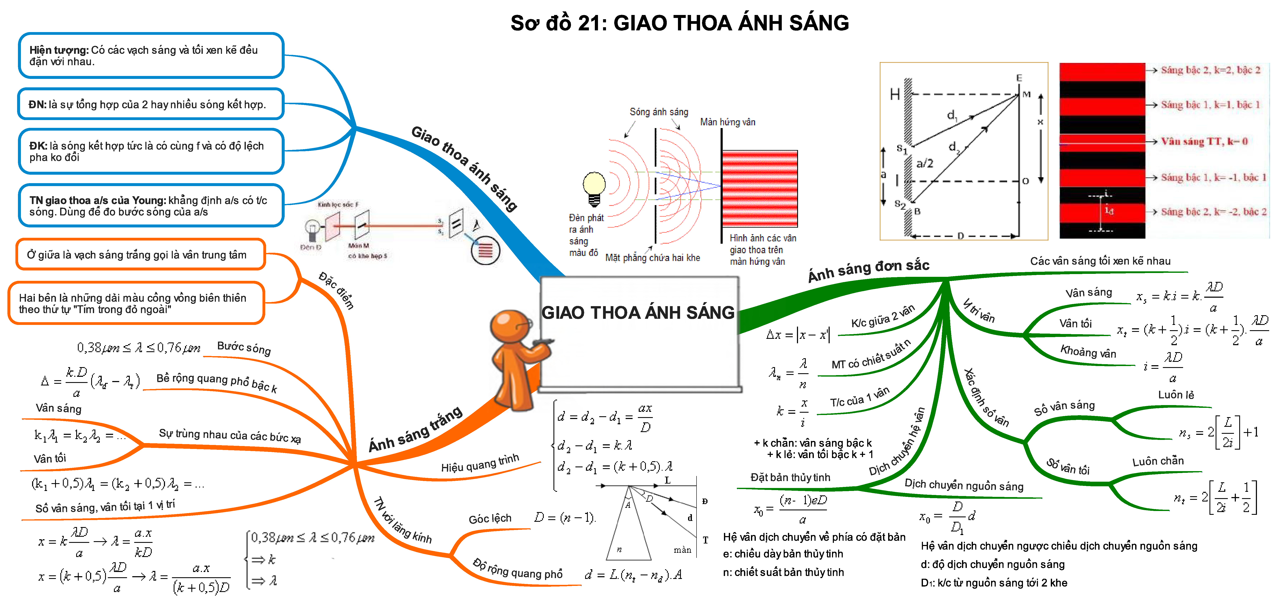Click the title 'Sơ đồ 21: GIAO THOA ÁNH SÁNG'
(679, 23)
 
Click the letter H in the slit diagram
(895, 95)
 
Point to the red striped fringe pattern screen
(760, 189)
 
